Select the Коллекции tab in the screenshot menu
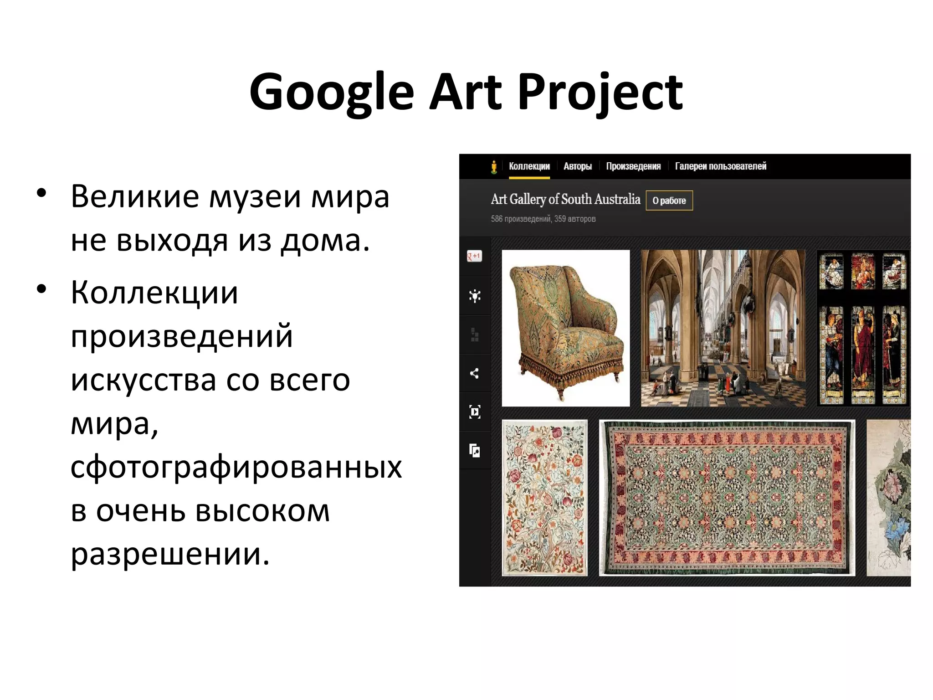(x=529, y=166)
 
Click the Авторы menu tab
(x=577, y=166)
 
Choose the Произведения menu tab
(x=633, y=166)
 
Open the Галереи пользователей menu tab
(x=720, y=166)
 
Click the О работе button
(x=669, y=201)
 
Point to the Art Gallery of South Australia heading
(x=565, y=199)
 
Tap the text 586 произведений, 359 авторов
(x=543, y=219)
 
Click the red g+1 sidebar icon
(x=474, y=256)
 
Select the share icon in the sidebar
(x=474, y=374)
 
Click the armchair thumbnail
(x=566, y=328)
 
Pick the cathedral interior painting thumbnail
(x=723, y=328)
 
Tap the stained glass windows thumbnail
(x=863, y=328)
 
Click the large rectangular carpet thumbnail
(x=727, y=498)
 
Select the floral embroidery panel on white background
(x=544, y=498)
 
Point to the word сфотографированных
(x=236, y=467)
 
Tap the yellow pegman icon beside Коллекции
(x=494, y=167)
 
